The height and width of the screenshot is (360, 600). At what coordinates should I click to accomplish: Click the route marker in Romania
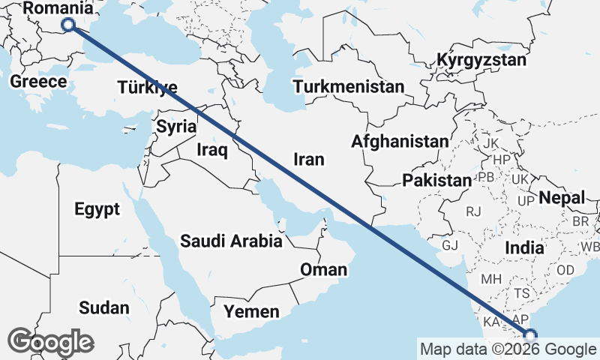pyautogui.click(x=68, y=25)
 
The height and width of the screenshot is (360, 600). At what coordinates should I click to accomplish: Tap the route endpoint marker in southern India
pyautogui.click(x=531, y=335)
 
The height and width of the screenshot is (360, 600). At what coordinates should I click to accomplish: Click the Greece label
pyautogui.click(x=38, y=81)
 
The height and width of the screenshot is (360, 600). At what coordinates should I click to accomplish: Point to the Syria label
pyautogui.click(x=176, y=127)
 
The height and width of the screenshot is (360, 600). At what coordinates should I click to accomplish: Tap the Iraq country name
pyautogui.click(x=211, y=150)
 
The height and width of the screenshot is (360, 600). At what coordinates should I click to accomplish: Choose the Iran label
pyautogui.click(x=308, y=159)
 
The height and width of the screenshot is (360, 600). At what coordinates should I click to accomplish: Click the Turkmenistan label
pyautogui.click(x=349, y=86)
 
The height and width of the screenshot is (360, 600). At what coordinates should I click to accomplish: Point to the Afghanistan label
pyautogui.click(x=399, y=141)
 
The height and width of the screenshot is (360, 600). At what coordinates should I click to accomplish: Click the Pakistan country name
pyautogui.click(x=436, y=180)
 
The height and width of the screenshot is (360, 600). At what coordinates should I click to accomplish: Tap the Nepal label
pyautogui.click(x=562, y=198)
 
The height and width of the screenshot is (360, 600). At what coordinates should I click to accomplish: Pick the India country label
pyautogui.click(x=524, y=247)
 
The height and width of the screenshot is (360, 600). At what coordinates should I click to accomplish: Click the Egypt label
pyautogui.click(x=97, y=209)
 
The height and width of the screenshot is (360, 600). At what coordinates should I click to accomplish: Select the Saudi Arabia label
pyautogui.click(x=231, y=241)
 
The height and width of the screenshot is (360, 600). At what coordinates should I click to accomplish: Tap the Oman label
pyautogui.click(x=323, y=269)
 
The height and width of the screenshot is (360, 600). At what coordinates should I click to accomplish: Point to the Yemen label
pyautogui.click(x=253, y=311)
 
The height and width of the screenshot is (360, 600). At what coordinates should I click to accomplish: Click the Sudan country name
pyautogui.click(x=103, y=307)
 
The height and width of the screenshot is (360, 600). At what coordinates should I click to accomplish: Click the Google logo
pyautogui.click(x=51, y=341)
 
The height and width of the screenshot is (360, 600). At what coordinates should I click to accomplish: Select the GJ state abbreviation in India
pyautogui.click(x=450, y=245)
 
